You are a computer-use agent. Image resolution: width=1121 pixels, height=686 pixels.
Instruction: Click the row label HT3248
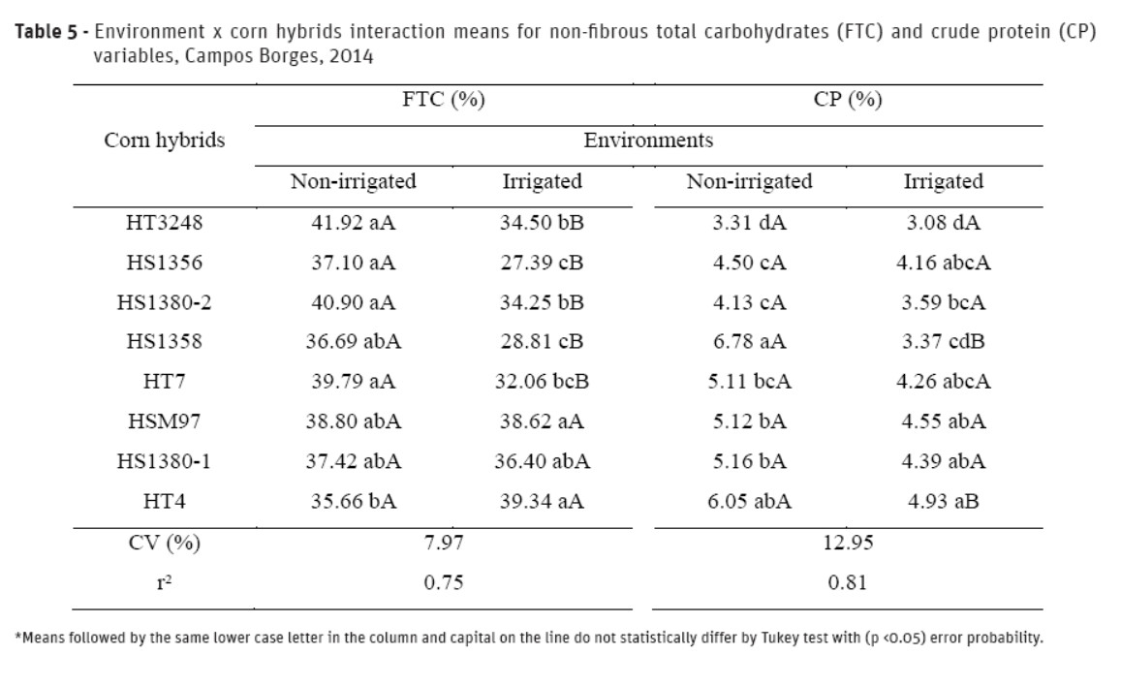click(164, 223)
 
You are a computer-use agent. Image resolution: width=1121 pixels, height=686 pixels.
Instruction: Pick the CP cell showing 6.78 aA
click(749, 341)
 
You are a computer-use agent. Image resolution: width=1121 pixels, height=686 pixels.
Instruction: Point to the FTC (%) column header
click(444, 101)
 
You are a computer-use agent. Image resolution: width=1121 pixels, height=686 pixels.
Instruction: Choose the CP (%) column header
click(849, 101)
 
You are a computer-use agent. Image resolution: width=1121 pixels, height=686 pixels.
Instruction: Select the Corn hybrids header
click(164, 140)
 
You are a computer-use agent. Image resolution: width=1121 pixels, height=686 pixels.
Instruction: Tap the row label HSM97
click(164, 421)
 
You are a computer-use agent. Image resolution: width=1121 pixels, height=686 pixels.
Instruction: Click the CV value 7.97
click(444, 543)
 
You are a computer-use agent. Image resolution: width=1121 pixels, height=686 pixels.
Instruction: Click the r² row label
click(164, 582)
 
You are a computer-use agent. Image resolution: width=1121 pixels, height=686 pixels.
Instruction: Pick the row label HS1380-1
click(164, 461)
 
